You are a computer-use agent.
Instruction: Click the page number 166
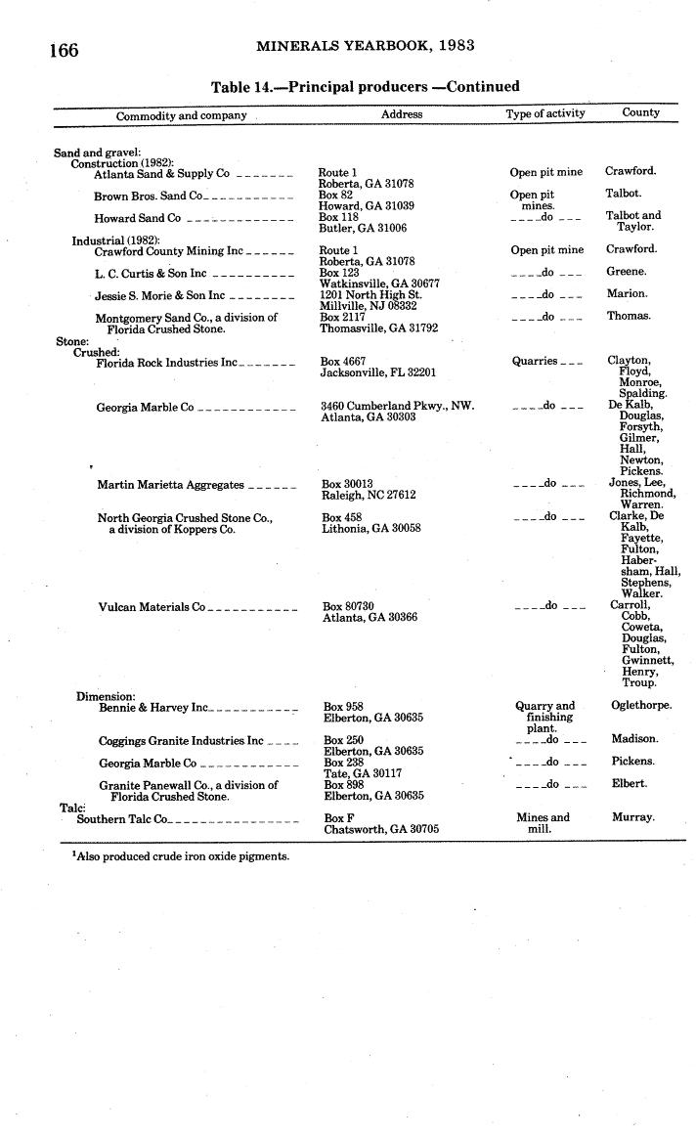point(64,50)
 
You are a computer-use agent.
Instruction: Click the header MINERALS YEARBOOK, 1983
point(367,46)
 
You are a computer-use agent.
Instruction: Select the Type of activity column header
point(545,113)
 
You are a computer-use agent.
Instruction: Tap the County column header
point(640,113)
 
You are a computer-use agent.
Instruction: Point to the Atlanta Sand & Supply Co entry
point(161,174)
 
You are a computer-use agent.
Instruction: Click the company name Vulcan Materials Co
point(152,607)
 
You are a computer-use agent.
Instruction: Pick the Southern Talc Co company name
point(122,818)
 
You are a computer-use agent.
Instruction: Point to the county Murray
point(632,817)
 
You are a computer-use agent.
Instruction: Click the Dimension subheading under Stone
point(106,696)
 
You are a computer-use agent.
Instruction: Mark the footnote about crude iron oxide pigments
point(181,856)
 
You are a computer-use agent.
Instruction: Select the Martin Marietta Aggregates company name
point(170,485)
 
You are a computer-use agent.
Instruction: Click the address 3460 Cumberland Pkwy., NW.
point(397,407)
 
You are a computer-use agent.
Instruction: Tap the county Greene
point(626,272)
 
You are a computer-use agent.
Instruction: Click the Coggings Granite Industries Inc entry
point(181,741)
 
